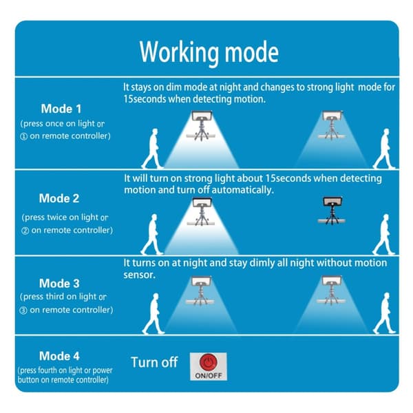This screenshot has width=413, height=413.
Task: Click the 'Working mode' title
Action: click(x=209, y=53)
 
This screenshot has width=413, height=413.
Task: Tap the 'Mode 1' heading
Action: click(x=61, y=109)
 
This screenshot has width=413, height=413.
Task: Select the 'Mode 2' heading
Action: click(x=59, y=198)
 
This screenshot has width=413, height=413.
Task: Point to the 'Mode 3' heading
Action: click(x=59, y=284)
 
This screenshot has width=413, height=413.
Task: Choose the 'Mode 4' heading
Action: click(x=59, y=356)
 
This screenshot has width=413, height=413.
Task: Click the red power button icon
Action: click(x=209, y=362)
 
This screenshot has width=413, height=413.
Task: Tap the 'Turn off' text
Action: click(x=154, y=362)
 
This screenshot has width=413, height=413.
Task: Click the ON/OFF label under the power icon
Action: click(x=209, y=375)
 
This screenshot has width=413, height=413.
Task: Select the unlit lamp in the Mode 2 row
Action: click(x=332, y=211)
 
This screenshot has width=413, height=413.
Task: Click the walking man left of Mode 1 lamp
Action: click(x=152, y=149)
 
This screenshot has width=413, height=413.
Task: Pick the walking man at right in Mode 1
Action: click(x=384, y=149)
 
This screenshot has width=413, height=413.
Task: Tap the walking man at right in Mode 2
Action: click(x=384, y=235)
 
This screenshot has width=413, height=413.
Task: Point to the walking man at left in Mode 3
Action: click(x=153, y=313)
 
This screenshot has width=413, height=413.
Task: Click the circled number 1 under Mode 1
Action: click(x=23, y=136)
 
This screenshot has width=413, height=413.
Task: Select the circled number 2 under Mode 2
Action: click(x=25, y=231)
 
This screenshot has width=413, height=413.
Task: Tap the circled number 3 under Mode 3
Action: click(x=23, y=310)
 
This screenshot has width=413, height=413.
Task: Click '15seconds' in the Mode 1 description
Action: click(x=145, y=99)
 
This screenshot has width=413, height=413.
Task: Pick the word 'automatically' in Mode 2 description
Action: click(x=242, y=190)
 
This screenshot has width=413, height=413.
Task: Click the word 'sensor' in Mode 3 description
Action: click(x=139, y=275)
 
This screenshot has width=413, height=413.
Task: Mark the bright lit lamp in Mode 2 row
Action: click(x=202, y=211)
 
